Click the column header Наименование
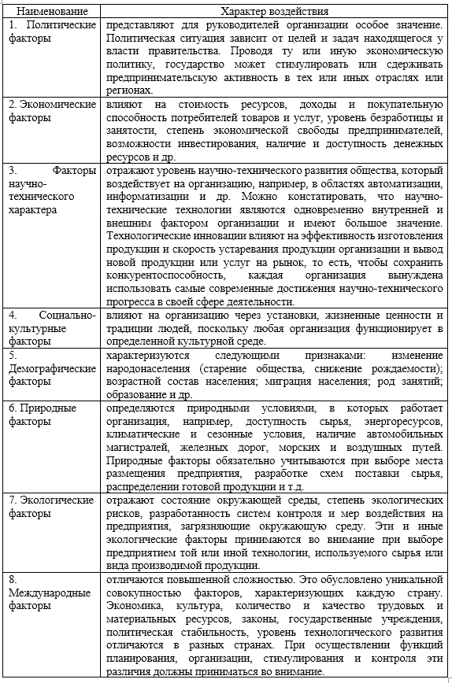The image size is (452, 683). pyautogui.click(x=51, y=13)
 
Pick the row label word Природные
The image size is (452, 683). pyautogui.click(x=53, y=409)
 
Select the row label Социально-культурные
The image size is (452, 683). pyautogui.click(x=51, y=327)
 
